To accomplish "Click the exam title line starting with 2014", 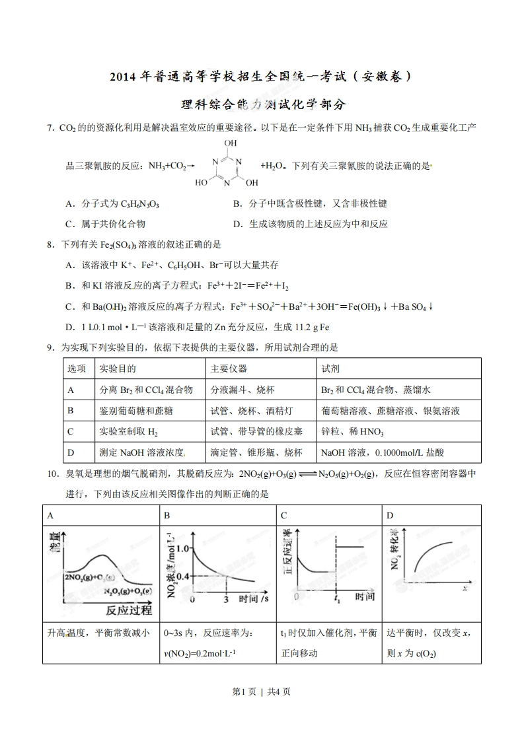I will click(x=262, y=77).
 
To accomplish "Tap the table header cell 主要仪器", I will click(x=229, y=369).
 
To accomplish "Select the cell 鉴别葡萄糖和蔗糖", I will click(x=135, y=411).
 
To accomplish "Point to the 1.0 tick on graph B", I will click(x=182, y=548).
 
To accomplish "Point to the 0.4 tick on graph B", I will click(x=182, y=576).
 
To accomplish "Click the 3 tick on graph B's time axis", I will click(x=226, y=600).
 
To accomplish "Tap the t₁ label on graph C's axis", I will click(x=337, y=600).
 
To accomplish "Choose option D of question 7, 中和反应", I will click(x=311, y=224).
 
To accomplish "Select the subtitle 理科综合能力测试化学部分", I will click(x=262, y=104).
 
